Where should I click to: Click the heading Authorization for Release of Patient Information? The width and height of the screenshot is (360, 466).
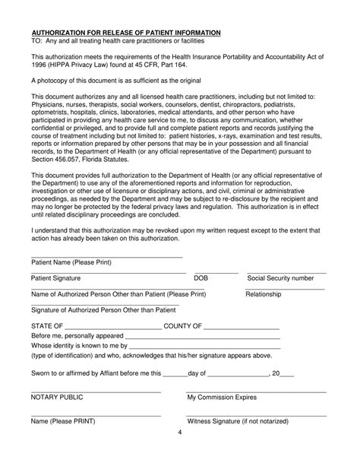pos(125,33)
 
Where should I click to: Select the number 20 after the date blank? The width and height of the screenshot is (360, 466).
pos(276,373)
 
